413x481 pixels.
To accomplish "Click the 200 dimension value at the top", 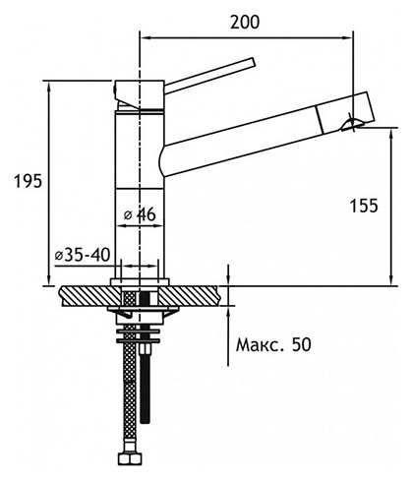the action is (245, 22).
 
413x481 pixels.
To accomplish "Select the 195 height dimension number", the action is (29, 181).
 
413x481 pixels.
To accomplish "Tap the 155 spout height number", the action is (364, 206).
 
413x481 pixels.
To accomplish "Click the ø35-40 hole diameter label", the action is (82, 255).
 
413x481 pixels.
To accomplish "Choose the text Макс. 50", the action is (273, 344).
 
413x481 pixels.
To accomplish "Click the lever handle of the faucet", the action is (209, 76).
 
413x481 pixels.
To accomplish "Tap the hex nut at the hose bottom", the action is (129, 457).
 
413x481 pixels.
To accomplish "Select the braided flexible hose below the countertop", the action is (130, 387).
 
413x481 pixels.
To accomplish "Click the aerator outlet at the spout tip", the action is (351, 124).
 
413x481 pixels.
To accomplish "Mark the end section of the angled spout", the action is (345, 112).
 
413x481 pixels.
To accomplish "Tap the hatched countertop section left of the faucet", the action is (90, 296).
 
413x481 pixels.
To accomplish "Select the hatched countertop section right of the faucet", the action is (189, 296).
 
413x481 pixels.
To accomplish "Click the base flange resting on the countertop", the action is (140, 282).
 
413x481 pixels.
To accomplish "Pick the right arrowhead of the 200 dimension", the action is (348, 37).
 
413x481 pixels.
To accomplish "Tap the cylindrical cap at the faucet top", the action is (139, 94).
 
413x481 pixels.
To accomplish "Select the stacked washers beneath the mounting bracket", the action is (139, 336).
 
